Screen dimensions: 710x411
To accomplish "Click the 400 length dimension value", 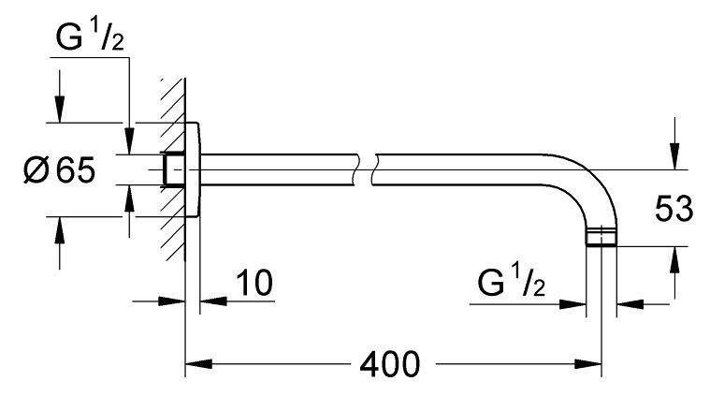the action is (390, 364).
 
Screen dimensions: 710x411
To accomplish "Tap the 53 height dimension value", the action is (674, 209).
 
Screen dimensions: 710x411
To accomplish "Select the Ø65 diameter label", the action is (59, 170).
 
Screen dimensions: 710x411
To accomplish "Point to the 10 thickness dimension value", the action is (254, 283).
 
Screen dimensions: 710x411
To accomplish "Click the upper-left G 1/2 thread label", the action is (90, 37).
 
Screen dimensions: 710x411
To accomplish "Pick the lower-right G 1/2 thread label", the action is (511, 282).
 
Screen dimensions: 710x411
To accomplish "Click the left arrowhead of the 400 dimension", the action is (199, 364).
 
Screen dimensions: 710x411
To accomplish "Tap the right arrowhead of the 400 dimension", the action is (587, 364).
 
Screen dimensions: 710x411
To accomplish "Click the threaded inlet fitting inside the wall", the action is (173, 169).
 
